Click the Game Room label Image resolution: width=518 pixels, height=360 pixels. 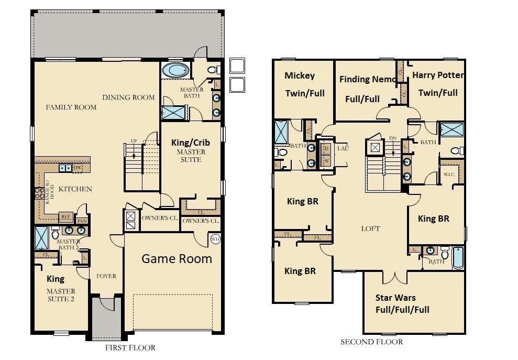(177, 258)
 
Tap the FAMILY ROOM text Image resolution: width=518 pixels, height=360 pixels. (71, 107)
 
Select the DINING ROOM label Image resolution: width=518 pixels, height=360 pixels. (128, 97)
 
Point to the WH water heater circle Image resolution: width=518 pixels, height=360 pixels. (215, 239)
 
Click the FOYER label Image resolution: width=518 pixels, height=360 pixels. (106, 276)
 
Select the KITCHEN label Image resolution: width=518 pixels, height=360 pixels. (75, 189)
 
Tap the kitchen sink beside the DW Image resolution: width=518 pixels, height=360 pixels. (66, 168)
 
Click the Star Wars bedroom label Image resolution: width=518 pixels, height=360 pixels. (402, 303)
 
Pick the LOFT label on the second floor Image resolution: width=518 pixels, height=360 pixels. (370, 228)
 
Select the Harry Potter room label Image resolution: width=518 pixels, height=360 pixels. (438, 84)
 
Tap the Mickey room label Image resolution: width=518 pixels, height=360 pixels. (304, 84)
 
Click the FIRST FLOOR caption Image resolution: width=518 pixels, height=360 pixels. (130, 347)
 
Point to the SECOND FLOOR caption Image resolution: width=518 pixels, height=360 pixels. (372, 342)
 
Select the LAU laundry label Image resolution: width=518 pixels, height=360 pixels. (343, 148)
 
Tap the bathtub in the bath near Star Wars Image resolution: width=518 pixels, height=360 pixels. (458, 257)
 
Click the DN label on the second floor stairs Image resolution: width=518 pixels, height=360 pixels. (393, 138)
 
